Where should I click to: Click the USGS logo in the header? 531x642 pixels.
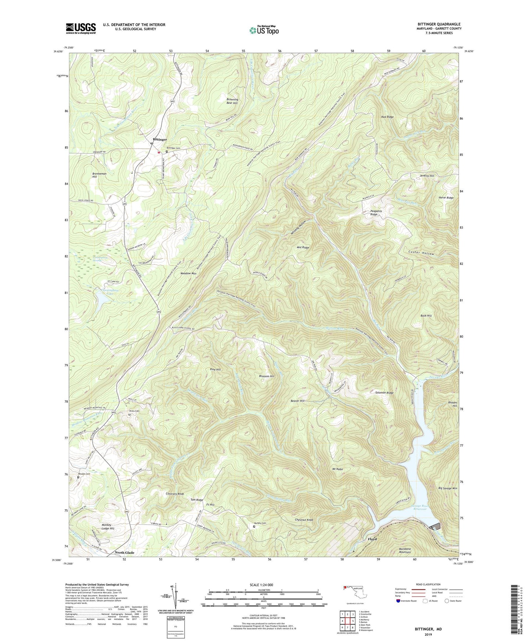pos(81,28)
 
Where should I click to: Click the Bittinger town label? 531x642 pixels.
pos(160,140)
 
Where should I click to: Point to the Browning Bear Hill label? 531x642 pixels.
pos(232,101)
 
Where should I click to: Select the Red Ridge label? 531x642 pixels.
pos(387,117)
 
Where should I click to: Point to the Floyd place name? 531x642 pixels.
pos(372,539)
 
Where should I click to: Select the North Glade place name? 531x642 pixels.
pos(124,553)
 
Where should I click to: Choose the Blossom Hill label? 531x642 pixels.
pos(267,376)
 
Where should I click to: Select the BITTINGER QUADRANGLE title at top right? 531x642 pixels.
pos(439,24)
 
